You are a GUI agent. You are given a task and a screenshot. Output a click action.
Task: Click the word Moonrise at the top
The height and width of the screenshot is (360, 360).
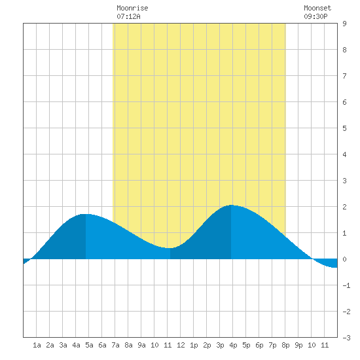click(x=132, y=8)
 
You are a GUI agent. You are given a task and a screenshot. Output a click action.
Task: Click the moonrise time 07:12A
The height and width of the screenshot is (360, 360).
click(x=128, y=16)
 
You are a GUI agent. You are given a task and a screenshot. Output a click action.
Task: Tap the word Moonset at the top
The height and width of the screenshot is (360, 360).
click(x=317, y=8)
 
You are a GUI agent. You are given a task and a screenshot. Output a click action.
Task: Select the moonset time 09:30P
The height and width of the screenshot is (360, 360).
click(x=315, y=16)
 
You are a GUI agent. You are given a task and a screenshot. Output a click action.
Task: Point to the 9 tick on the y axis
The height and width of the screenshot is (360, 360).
click(x=344, y=24)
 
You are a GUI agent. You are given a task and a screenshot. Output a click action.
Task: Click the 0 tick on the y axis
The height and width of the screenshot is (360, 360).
click(x=344, y=259)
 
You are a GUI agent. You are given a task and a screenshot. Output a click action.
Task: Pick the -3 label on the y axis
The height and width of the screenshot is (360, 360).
click(x=346, y=338)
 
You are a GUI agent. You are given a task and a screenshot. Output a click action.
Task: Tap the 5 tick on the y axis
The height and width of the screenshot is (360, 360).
click(x=344, y=128)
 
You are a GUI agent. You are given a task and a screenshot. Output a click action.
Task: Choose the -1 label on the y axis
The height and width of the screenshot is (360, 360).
click(x=346, y=285)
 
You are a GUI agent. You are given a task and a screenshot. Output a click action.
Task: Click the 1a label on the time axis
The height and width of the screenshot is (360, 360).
click(x=37, y=345)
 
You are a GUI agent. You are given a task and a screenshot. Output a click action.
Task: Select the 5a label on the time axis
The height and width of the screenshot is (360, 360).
click(x=89, y=345)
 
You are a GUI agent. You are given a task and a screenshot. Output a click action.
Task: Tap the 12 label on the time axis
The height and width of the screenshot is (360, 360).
click(x=181, y=345)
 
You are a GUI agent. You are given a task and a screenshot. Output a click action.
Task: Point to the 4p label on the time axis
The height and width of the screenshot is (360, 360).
click(x=233, y=345)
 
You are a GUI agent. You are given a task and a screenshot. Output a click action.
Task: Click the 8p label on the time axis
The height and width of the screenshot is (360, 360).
click(x=285, y=345)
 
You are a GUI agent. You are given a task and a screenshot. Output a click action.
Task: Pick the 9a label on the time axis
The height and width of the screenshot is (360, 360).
click(x=141, y=345)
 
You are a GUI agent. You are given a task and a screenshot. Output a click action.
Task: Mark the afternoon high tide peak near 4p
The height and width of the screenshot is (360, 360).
click(x=231, y=205)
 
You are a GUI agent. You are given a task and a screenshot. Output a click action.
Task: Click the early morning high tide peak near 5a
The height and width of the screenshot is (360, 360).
click(x=86, y=214)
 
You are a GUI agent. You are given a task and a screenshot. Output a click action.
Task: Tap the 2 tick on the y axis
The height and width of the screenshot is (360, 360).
click(x=344, y=207)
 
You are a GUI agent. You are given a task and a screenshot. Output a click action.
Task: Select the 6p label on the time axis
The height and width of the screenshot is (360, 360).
click(x=259, y=345)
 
